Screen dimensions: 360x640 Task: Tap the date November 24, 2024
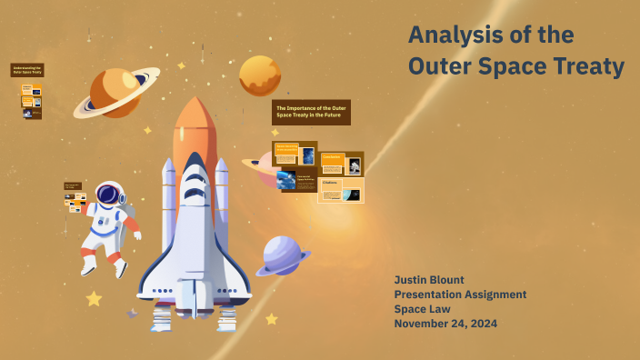pyautogui.click(x=445, y=324)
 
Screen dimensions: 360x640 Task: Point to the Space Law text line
pyautogui.click(x=425, y=309)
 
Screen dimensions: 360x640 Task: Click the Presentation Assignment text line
pyautogui.click(x=460, y=294)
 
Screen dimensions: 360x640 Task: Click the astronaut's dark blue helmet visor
pyautogui.click(x=109, y=195)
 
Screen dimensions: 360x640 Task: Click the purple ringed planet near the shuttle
pyautogui.click(x=282, y=255)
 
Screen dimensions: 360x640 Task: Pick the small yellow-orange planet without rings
pyautogui.click(x=260, y=75)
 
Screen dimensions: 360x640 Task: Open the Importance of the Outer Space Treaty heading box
pyautogui.click(x=311, y=112)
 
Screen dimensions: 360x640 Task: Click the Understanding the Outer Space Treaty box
pyautogui.click(x=27, y=70)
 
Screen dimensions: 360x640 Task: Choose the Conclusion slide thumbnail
pyautogui.click(x=341, y=164)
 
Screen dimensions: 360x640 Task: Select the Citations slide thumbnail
pyautogui.click(x=341, y=190)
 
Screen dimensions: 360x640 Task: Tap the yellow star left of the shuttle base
pyautogui.click(x=93, y=298)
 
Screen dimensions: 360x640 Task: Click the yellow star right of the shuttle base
pyautogui.click(x=271, y=319)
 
